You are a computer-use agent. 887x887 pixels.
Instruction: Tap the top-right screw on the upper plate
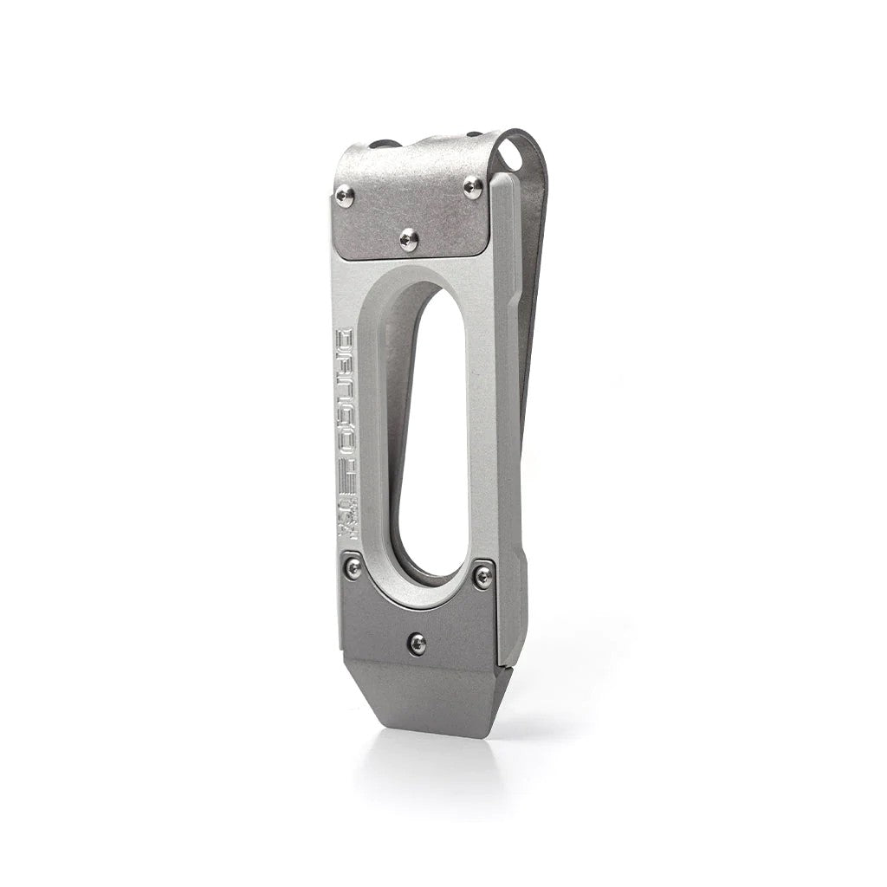click(x=473, y=187)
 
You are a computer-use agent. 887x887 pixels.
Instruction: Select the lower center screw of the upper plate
click(x=409, y=239)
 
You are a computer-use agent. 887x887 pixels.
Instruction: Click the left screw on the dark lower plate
click(x=353, y=567)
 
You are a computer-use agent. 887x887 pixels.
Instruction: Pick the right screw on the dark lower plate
click(x=483, y=576)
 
